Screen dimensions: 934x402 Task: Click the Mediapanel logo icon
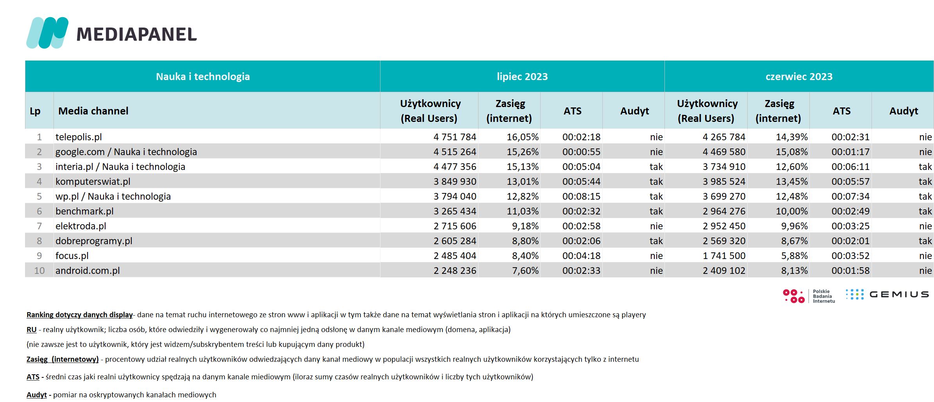click(47, 33)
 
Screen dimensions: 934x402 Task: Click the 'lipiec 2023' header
click(522, 77)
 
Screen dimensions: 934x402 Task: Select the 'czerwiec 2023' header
click(799, 77)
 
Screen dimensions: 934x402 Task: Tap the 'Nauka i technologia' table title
click(203, 77)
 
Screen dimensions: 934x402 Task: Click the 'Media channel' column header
click(93, 111)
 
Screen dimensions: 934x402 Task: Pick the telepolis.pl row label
click(79, 137)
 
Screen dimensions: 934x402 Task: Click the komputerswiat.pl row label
click(93, 182)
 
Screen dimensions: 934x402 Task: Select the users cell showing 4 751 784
click(455, 137)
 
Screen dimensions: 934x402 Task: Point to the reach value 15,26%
click(523, 152)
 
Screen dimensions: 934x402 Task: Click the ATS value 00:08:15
click(581, 197)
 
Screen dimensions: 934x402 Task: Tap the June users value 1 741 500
click(724, 256)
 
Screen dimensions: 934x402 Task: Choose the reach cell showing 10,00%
click(791, 211)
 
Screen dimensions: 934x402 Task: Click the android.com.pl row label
click(88, 271)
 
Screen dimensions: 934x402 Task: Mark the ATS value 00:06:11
click(850, 167)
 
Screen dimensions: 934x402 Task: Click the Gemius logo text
click(899, 294)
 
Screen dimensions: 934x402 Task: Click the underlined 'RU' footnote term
click(32, 330)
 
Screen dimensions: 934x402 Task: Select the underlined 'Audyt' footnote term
click(37, 395)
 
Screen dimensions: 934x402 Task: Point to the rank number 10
click(39, 271)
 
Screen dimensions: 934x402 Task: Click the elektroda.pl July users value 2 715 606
click(455, 226)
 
